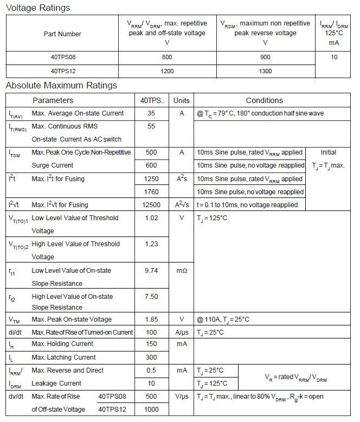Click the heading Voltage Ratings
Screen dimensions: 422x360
click(37, 8)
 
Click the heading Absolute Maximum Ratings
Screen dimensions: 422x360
click(61, 86)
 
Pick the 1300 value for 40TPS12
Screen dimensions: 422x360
click(265, 71)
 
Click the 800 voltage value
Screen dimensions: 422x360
click(167, 57)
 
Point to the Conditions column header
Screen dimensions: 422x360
click(264, 100)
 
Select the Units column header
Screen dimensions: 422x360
click(182, 100)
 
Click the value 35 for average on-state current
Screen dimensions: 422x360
click(151, 113)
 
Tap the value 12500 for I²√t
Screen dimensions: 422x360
click(151, 205)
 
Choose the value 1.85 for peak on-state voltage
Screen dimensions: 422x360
click(151, 319)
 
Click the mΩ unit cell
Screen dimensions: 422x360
click(182, 270)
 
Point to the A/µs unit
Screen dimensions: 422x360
click(182, 332)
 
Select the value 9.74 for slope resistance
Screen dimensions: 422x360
click(151, 270)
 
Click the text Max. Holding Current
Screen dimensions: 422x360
click(63, 344)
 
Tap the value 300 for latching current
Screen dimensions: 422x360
click(151, 357)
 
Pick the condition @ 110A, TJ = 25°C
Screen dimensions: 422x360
click(223, 319)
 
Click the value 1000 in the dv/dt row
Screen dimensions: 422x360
click(151, 410)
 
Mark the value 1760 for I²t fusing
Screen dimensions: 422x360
click(151, 192)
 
